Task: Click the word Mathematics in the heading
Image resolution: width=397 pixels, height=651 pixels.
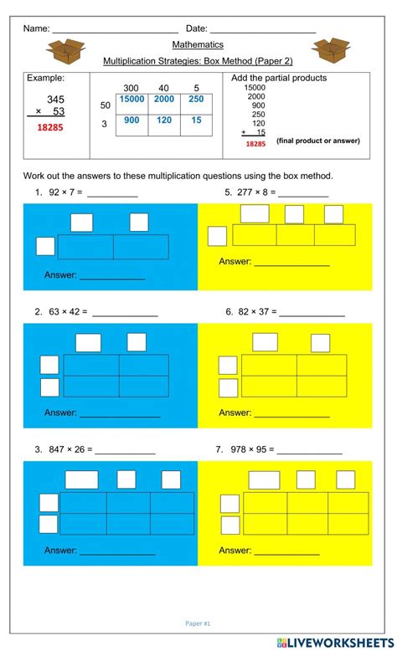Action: tap(198, 44)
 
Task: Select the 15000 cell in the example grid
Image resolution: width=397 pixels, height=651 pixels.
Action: tap(131, 99)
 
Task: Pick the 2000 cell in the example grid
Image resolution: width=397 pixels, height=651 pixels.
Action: tap(165, 99)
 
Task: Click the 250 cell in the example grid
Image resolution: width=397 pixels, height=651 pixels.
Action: tap(196, 99)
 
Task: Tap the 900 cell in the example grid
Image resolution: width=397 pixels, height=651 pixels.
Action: tap(131, 120)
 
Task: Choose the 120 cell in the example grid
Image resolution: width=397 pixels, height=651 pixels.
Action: tap(165, 120)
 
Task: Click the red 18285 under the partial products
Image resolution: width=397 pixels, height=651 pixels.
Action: tap(255, 144)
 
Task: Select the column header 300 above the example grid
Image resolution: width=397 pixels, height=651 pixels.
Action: tap(131, 88)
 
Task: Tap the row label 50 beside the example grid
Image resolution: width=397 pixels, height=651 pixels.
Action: tap(106, 105)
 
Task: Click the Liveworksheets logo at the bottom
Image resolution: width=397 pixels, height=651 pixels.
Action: tap(334, 641)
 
